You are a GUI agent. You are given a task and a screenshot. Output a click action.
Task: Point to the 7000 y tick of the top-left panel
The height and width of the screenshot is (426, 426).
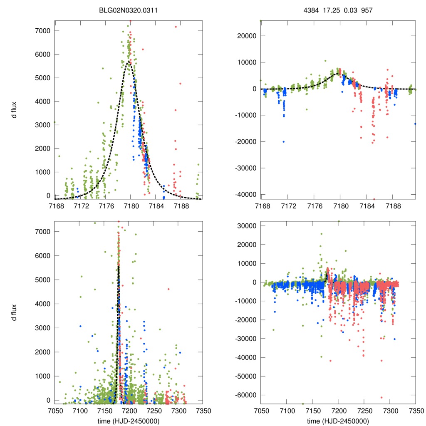point(43,31)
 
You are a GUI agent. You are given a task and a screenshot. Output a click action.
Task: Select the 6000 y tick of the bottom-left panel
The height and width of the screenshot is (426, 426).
point(43,255)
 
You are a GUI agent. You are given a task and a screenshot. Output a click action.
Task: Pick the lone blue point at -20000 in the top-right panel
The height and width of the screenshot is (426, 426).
point(284,141)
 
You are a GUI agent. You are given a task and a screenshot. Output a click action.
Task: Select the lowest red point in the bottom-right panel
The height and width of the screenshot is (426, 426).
point(381,397)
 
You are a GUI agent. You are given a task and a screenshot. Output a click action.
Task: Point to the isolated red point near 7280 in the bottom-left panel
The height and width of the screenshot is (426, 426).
point(168,289)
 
